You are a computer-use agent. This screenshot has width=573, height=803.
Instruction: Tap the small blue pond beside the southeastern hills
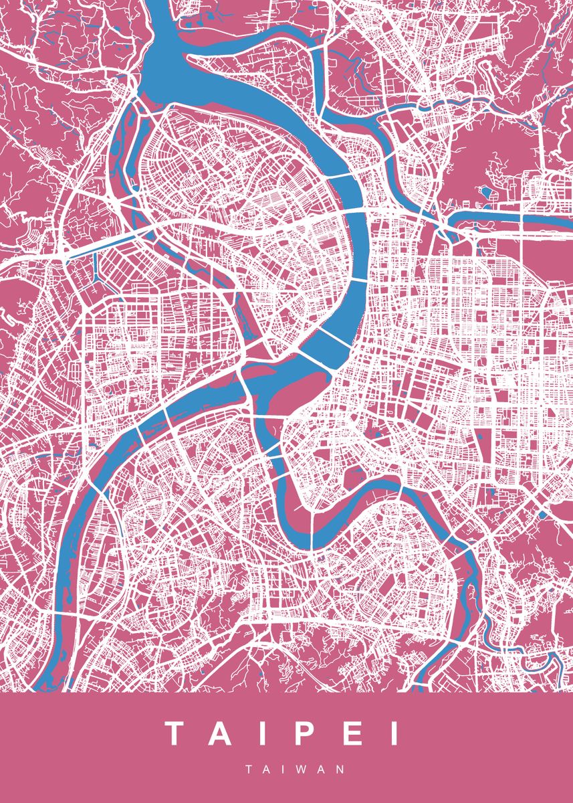tap(543, 515)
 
